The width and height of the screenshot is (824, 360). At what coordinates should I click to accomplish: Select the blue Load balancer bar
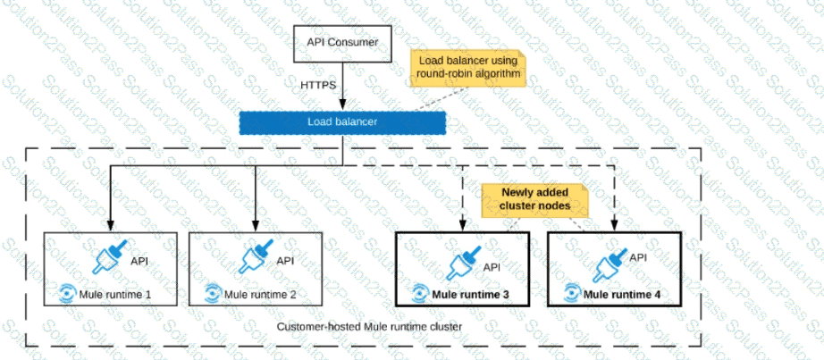[x=341, y=121]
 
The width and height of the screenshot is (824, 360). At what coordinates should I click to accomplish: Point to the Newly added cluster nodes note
[x=534, y=199]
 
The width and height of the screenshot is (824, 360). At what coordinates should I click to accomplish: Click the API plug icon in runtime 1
[x=113, y=256]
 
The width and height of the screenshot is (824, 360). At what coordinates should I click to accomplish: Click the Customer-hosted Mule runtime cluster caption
[x=369, y=328]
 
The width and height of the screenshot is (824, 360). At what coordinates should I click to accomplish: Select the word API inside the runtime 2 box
[x=285, y=260]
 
